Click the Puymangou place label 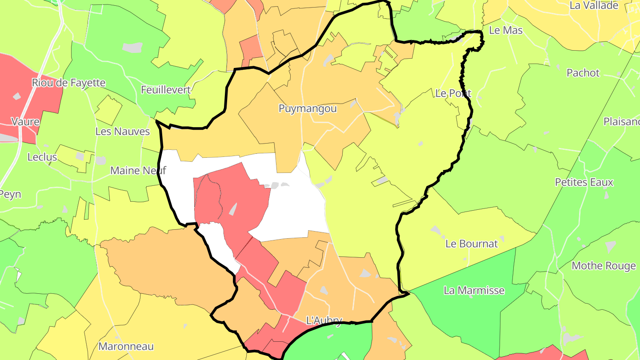click(x=308, y=109)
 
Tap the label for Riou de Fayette click(x=68, y=83)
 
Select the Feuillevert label click(x=165, y=90)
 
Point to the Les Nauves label click(x=123, y=132)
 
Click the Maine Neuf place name click(x=138, y=170)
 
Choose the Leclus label click(x=42, y=157)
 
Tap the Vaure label click(x=25, y=122)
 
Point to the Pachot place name click(x=583, y=73)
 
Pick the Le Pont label click(x=453, y=93)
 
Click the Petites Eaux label click(x=584, y=182)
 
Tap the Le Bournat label click(x=472, y=244)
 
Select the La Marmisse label click(x=474, y=291)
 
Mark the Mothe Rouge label click(x=604, y=266)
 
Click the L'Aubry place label click(x=324, y=320)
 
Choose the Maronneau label click(x=126, y=347)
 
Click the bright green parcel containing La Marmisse click(x=467, y=311)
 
